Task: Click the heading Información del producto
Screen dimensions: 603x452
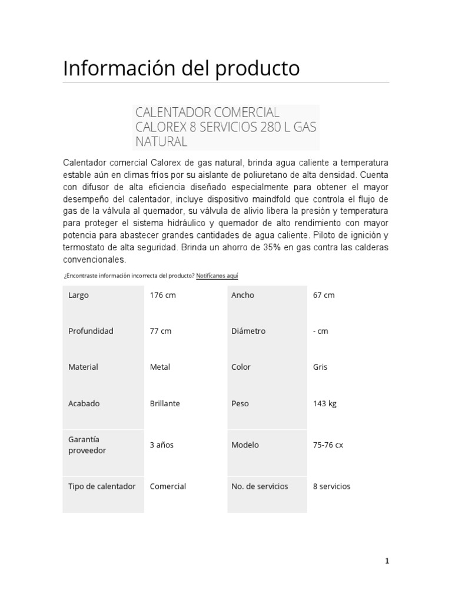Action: tap(181, 69)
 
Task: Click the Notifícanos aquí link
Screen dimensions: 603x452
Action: tap(217, 276)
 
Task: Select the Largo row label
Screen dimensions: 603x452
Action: tap(79, 295)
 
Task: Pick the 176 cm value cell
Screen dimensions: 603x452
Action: tap(163, 295)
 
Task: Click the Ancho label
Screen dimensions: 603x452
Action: tap(243, 295)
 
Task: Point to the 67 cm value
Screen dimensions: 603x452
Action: tap(324, 295)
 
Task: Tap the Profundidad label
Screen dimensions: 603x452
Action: tap(91, 331)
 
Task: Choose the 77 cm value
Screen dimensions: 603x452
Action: tap(161, 331)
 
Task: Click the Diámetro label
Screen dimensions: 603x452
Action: tap(248, 331)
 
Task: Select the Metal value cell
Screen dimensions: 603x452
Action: tap(160, 367)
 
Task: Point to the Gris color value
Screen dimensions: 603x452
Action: tap(320, 367)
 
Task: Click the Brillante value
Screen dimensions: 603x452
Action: tap(165, 403)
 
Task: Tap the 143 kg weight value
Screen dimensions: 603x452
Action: tap(325, 403)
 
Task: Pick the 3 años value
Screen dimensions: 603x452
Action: tap(162, 445)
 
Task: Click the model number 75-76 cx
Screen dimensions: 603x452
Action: tap(328, 445)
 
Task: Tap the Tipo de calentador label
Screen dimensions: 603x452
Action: tap(102, 486)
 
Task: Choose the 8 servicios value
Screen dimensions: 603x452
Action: tap(331, 486)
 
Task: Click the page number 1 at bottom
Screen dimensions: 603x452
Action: tap(387, 561)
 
